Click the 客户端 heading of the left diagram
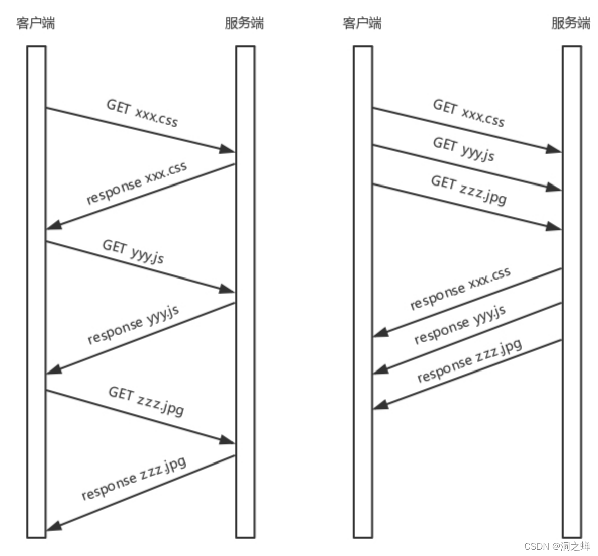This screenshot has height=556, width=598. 36,23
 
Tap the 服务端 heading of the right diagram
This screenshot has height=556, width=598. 571,23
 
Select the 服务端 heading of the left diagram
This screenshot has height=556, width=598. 244,23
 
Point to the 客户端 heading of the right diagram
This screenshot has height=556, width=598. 362,23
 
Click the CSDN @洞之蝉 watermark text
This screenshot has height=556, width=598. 557,546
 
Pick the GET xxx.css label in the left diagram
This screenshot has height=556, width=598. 142,113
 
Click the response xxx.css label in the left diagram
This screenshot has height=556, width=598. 137,183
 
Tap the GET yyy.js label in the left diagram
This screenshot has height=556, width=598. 133,251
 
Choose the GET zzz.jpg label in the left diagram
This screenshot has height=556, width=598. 146,401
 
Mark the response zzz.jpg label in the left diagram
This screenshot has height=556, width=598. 134,478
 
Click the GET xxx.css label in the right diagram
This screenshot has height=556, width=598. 469,113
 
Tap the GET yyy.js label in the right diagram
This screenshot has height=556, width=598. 464,149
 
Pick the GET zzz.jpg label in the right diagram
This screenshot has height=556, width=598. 469,190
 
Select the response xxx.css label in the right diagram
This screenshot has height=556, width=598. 460,288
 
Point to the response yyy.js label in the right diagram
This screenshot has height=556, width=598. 460,324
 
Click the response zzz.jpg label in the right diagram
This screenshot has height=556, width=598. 469,361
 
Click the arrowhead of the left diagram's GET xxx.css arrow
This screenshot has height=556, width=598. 229,149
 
